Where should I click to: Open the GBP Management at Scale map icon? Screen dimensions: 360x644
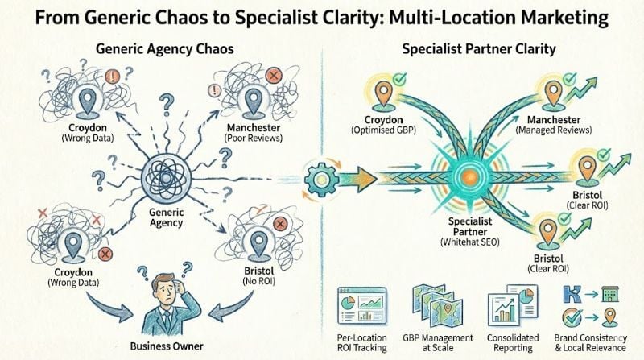tap(434, 305)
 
